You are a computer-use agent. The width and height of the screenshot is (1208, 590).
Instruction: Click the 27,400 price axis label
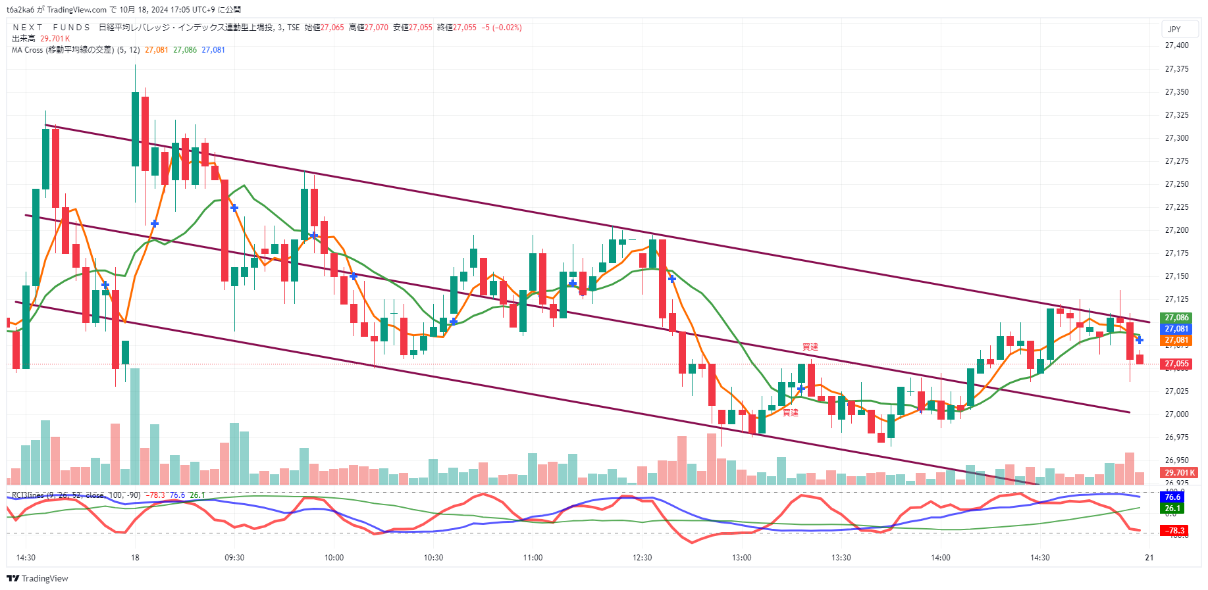(1176, 45)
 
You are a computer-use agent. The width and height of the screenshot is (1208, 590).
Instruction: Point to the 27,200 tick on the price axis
(1176, 230)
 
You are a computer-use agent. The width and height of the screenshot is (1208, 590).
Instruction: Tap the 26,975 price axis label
(1176, 437)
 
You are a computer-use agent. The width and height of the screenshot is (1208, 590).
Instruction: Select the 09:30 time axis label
(234, 558)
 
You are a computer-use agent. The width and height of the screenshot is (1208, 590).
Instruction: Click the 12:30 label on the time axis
(642, 558)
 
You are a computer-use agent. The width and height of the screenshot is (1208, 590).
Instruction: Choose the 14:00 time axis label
(940, 558)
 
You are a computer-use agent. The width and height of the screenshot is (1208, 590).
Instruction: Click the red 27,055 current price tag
(1176, 364)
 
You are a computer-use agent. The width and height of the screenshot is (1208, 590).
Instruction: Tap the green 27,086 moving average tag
(1176, 318)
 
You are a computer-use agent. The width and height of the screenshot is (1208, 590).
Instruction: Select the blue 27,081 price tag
(1176, 329)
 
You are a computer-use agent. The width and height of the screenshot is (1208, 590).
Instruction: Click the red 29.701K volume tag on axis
(1179, 473)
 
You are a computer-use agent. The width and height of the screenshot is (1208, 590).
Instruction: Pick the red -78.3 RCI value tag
(1175, 531)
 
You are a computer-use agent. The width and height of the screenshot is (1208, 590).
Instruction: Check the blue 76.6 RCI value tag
(1172, 497)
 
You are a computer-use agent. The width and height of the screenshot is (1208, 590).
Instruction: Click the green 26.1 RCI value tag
(1172, 508)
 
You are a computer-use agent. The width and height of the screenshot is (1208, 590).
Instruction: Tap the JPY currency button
(1174, 29)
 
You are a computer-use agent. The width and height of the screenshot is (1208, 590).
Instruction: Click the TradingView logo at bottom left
(38, 579)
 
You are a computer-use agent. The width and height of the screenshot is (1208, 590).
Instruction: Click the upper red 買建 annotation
(810, 347)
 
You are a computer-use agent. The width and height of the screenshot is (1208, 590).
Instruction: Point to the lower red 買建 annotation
(790, 412)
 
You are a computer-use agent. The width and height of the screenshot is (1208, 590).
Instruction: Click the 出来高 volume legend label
(23, 39)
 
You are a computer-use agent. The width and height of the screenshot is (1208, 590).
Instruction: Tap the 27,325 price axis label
(1176, 115)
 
